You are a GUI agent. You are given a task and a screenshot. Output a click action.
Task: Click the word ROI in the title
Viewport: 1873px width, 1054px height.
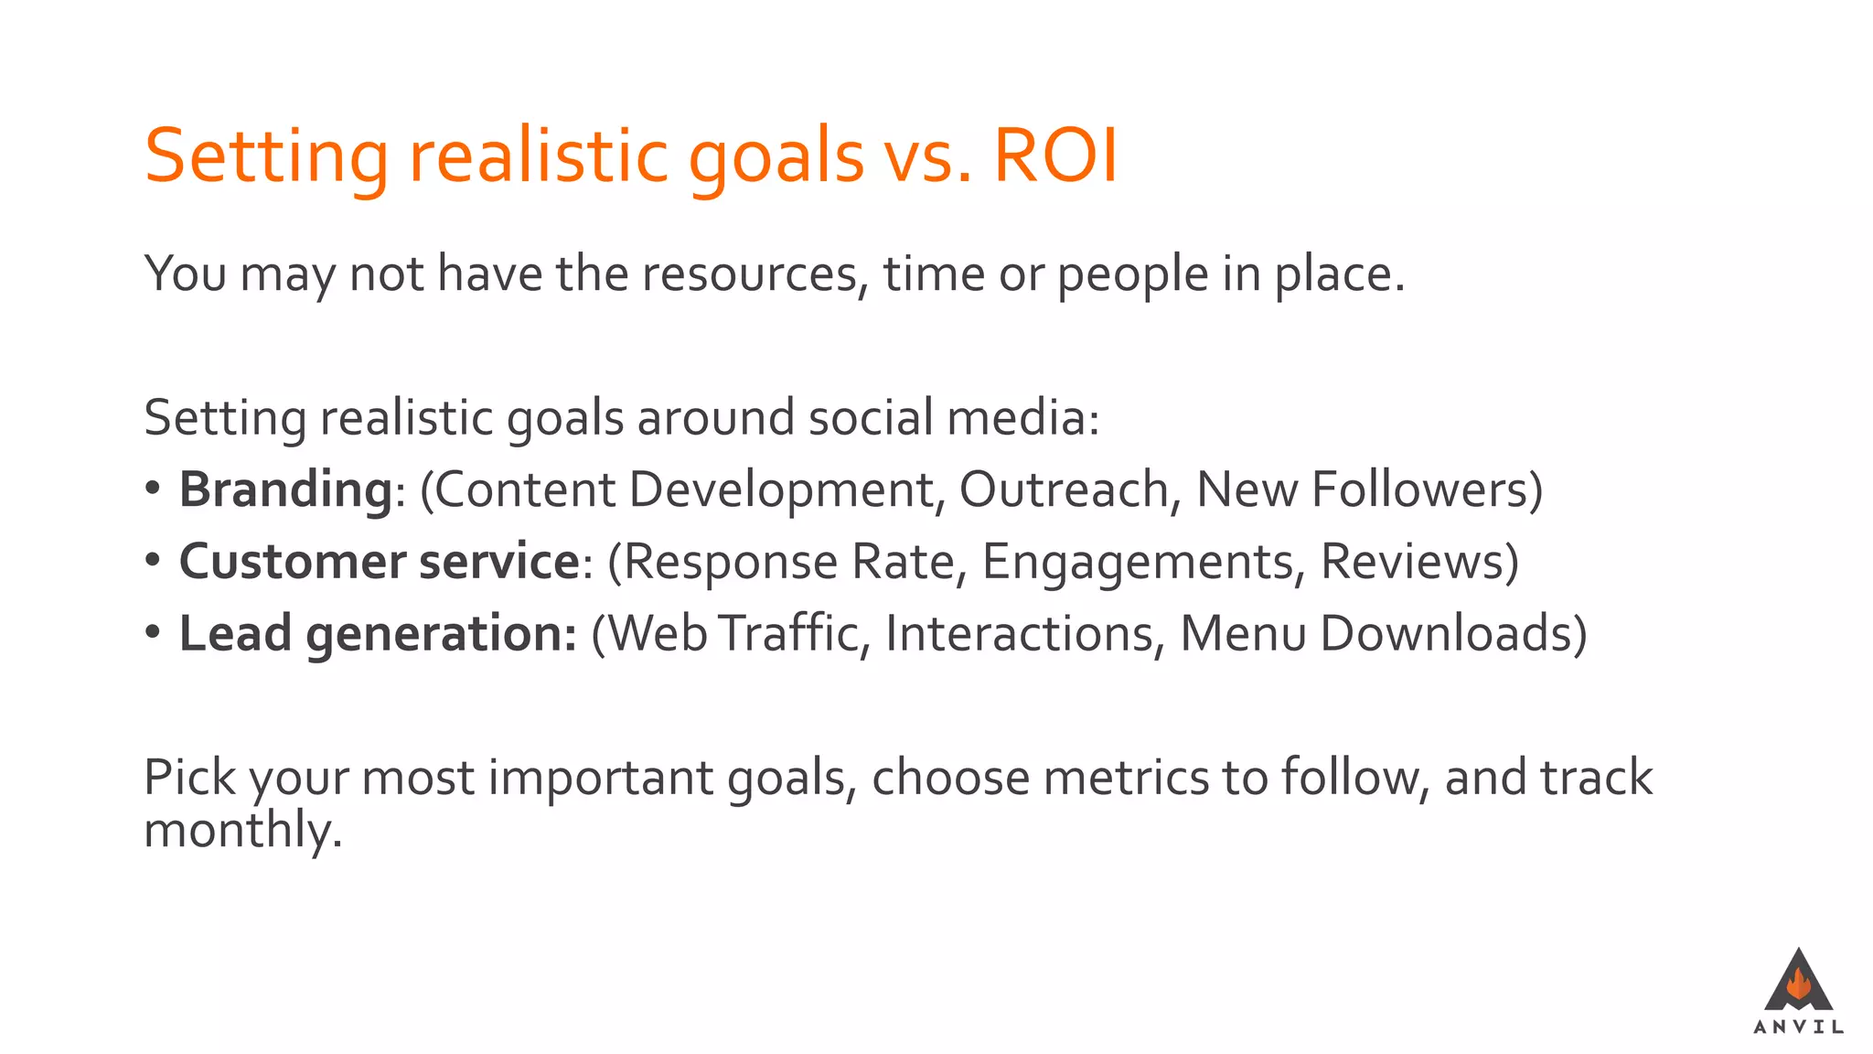click(1054, 156)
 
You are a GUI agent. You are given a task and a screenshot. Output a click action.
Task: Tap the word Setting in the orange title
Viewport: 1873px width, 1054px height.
click(266, 157)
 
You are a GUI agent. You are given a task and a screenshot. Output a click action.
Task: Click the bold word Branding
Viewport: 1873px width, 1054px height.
click(285, 489)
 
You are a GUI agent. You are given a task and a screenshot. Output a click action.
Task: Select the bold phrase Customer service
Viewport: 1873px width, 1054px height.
click(379, 561)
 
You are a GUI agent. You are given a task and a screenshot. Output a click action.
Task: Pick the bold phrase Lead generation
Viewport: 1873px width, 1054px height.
click(378, 633)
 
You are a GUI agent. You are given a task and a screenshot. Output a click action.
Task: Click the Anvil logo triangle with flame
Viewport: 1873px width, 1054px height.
click(1798, 982)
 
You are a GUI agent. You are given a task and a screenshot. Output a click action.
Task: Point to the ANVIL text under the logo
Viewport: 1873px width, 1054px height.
click(1798, 1027)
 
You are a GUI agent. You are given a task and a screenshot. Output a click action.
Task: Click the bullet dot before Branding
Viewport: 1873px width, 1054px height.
click(153, 488)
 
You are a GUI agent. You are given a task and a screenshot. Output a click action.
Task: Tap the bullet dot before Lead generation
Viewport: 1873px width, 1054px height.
click(153, 631)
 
